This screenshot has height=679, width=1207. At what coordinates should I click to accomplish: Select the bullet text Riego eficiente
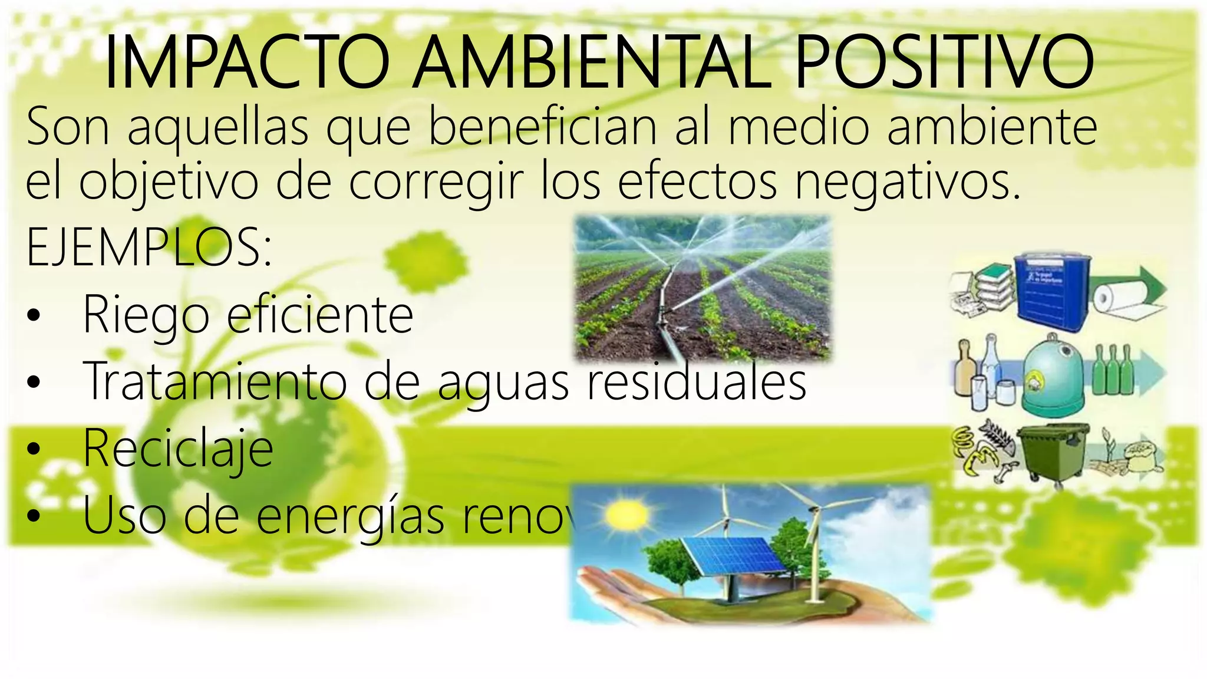tap(248, 315)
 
